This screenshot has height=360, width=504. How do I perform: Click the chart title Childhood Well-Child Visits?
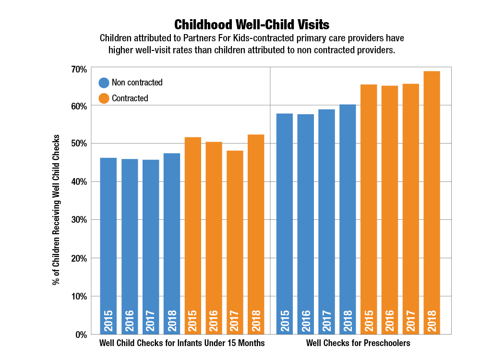point(252,24)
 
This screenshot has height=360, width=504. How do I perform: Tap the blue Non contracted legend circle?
point(104,83)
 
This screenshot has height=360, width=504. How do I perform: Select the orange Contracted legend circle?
point(104,98)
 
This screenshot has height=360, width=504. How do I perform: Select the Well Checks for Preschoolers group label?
point(358,343)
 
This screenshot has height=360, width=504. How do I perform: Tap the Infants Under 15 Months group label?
point(182,343)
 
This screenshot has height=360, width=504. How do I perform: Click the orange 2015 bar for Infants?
point(193,235)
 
